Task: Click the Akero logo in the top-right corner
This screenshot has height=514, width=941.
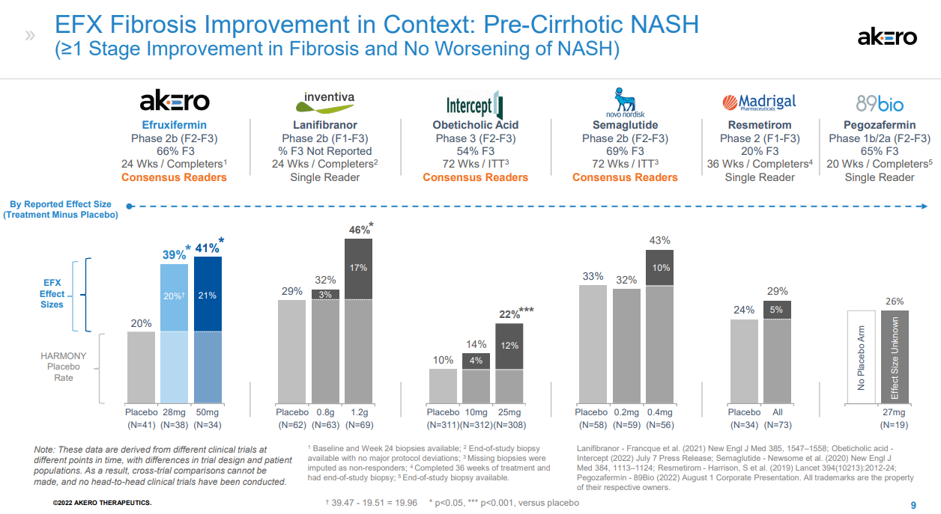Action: coord(887,37)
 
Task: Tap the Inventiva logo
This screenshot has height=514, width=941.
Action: coord(325,100)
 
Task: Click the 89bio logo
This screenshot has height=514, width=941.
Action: coord(880,103)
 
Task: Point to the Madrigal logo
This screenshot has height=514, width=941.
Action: coord(759,102)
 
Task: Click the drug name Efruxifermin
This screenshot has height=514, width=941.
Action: coord(175,125)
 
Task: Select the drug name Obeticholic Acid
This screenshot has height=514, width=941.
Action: coord(475,125)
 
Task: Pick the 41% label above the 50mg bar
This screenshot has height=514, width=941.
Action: coord(207,248)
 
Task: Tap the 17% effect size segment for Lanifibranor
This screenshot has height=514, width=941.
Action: coord(358,268)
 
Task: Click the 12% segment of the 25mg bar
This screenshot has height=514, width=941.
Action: coord(509,346)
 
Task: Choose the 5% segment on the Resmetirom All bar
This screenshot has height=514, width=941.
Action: coord(777,310)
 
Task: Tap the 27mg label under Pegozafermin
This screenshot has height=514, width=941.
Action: coord(894,412)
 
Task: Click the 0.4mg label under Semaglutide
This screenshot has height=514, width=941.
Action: coord(660,412)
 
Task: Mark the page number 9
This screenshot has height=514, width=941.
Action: coord(913,504)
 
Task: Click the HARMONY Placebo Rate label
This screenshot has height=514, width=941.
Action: coord(64,367)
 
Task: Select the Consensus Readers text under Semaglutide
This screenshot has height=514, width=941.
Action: coord(625,177)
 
